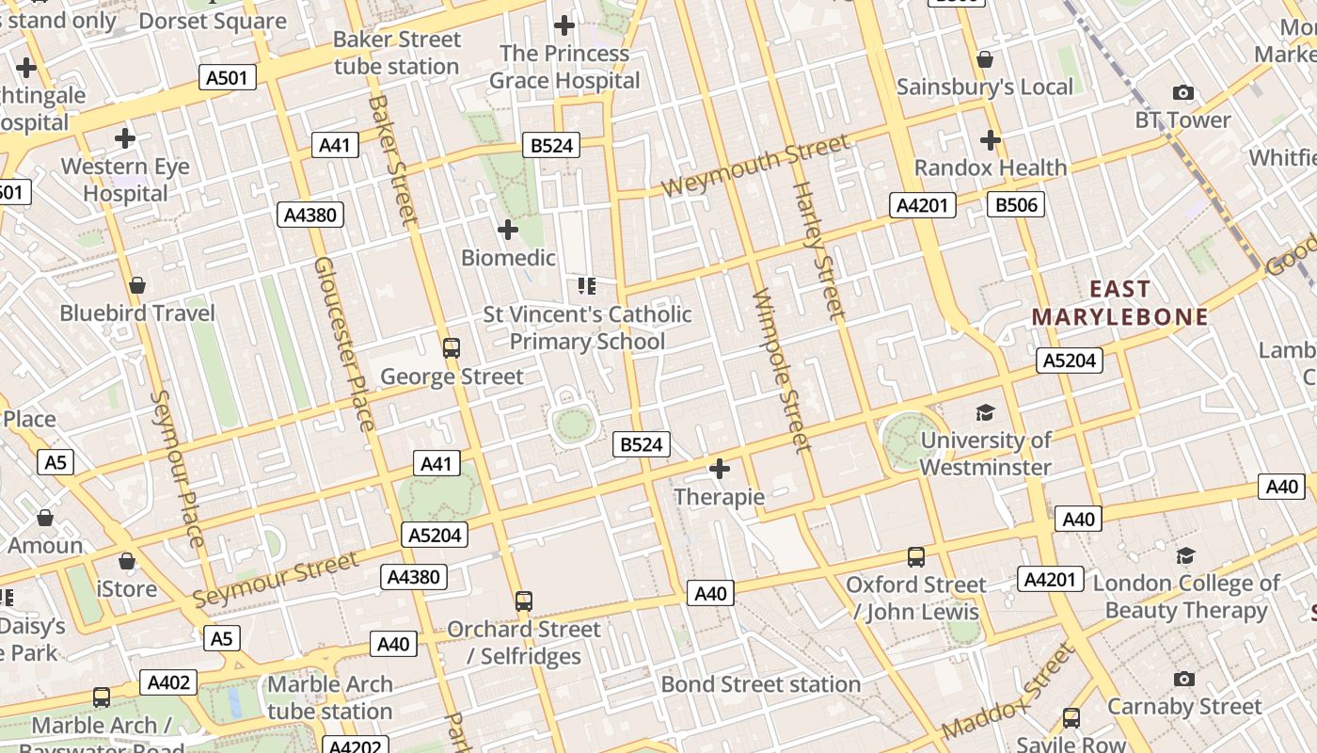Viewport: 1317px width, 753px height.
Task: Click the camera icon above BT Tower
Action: (x=1183, y=92)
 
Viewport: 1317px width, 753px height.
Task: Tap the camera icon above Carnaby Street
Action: (x=1184, y=679)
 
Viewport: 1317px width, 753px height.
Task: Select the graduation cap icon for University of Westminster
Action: (x=985, y=412)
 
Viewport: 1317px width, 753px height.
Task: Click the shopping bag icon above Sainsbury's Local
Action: (x=985, y=59)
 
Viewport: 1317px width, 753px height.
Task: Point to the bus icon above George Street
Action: (x=452, y=348)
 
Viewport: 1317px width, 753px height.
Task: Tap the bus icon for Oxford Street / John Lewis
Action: (x=916, y=556)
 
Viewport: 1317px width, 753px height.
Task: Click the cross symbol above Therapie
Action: (x=720, y=469)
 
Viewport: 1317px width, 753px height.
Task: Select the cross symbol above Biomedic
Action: (x=508, y=230)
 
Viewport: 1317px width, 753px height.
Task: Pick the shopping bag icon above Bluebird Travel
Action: (x=137, y=284)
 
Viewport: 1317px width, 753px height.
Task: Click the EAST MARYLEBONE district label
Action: (x=1119, y=302)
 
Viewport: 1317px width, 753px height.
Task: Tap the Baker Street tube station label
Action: (x=397, y=53)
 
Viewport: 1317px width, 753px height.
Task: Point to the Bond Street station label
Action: (x=760, y=684)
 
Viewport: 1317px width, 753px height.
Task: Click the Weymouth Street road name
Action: (x=754, y=166)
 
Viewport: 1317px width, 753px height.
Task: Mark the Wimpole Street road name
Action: (x=782, y=370)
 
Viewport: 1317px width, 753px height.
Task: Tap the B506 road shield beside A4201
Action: (x=1015, y=205)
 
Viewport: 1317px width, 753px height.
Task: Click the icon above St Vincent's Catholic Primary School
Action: (x=587, y=285)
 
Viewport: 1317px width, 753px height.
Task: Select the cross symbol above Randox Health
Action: (x=990, y=140)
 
